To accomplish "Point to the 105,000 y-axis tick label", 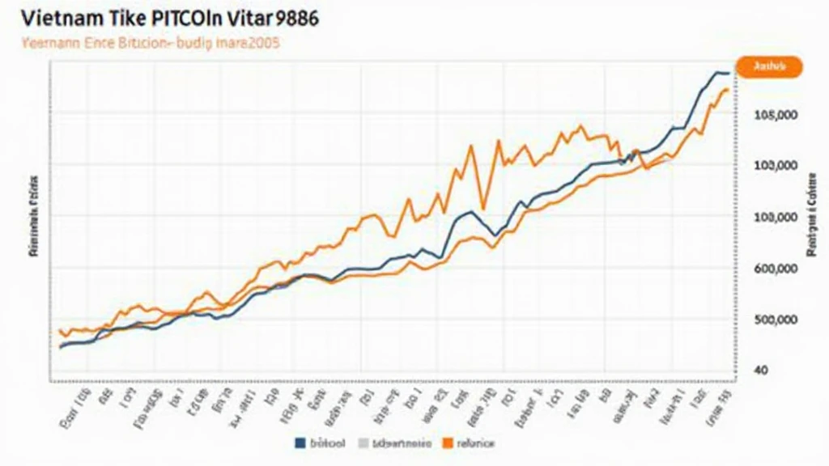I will click(776, 115).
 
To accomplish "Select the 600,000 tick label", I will click(776, 269).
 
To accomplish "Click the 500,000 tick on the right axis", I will click(776, 320).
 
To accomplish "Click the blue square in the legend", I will click(301, 443).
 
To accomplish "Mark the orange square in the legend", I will click(447, 443).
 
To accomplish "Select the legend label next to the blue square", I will click(327, 443).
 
